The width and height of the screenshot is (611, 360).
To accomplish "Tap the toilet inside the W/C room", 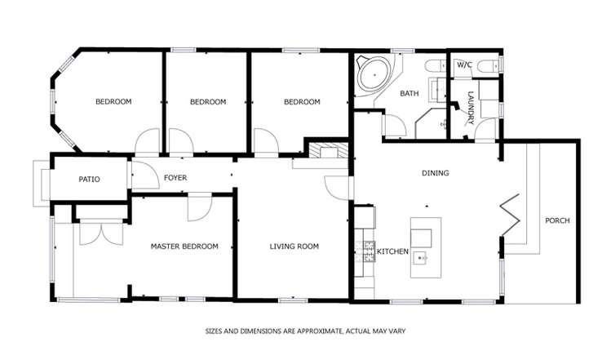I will tap(487, 65).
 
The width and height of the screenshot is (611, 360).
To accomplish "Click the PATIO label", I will tap(89, 179).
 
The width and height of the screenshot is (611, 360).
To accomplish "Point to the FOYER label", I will tap(175, 178).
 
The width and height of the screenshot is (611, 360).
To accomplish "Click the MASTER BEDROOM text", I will tap(184, 246).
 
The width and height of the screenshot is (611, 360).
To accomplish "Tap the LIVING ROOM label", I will tap(294, 246).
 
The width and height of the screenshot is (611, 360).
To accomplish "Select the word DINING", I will tap(435, 173).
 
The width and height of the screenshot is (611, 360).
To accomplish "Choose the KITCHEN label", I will tap(392, 251).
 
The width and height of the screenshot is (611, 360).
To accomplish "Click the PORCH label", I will tap(557, 220).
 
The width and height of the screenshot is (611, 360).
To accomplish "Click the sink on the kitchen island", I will tap(421, 260).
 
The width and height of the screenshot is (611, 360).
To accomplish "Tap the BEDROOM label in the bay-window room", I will tap(113, 102).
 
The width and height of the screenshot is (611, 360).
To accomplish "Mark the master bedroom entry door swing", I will tap(199, 207).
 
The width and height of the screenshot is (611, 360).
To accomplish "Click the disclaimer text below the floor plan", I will tap(304, 331).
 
